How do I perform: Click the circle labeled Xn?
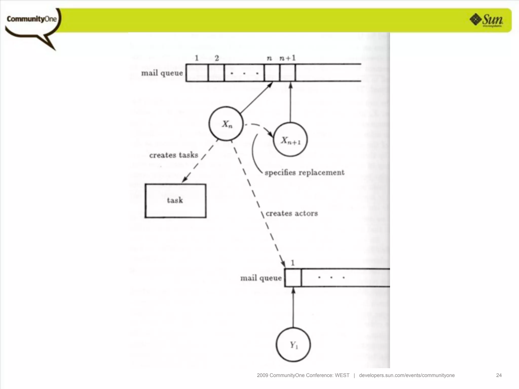226,124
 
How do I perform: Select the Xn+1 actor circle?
290,140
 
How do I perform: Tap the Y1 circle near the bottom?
293,345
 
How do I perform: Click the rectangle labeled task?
175,201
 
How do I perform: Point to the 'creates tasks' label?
174,155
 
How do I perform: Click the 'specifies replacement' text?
304,172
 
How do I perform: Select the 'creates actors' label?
292,213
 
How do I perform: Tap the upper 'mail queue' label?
162,73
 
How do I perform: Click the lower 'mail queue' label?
261,278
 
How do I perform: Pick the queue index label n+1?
288,58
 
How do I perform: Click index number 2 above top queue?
217,58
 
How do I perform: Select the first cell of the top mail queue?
197,73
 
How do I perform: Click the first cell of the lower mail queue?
293,278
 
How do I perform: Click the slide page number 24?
499,375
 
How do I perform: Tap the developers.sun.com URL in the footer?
407,375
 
